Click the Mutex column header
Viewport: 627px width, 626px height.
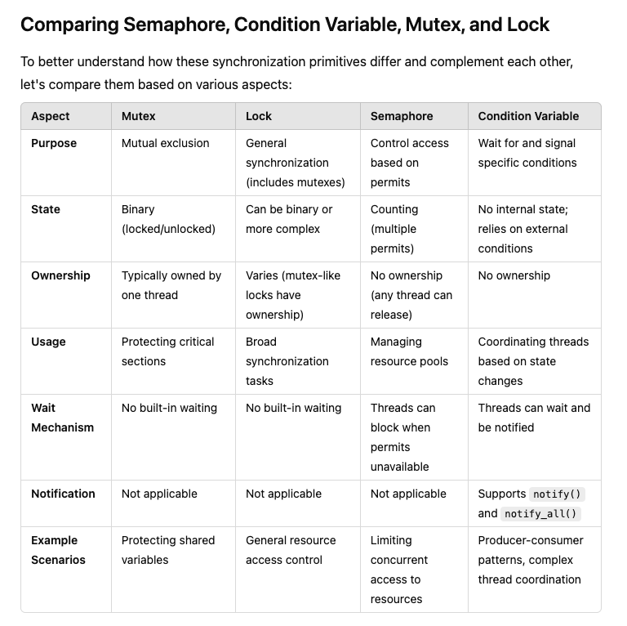coord(138,116)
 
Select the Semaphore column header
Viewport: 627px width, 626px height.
coord(402,116)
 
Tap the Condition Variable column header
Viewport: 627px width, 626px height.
coord(528,116)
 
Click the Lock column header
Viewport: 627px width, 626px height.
coord(259,116)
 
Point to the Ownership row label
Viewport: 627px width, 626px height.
coord(60,275)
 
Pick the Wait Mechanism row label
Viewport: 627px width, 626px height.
coord(62,418)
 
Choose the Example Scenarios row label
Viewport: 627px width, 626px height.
coord(58,550)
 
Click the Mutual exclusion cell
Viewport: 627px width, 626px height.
coord(165,143)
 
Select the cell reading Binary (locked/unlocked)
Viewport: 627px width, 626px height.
coord(168,219)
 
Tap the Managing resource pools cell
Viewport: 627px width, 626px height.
coord(409,351)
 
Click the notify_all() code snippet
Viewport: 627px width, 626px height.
coord(540,514)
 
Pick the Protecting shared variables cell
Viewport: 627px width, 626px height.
coord(168,550)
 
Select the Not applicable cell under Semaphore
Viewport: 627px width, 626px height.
coord(408,494)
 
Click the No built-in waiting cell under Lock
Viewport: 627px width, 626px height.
coord(293,408)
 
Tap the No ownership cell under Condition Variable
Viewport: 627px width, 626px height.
coord(514,275)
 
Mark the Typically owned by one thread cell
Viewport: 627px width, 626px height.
coord(171,285)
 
